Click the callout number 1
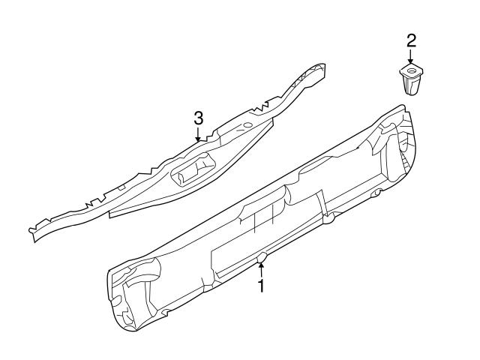pyautogui.click(x=261, y=286)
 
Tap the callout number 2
pyautogui.click(x=410, y=40)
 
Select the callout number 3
pyautogui.click(x=198, y=118)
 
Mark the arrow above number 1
pyautogui.click(x=261, y=270)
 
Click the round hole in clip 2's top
pyautogui.click(x=409, y=73)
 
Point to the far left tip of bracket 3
pyautogui.click(x=31, y=228)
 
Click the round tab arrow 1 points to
pyautogui.click(x=261, y=260)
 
